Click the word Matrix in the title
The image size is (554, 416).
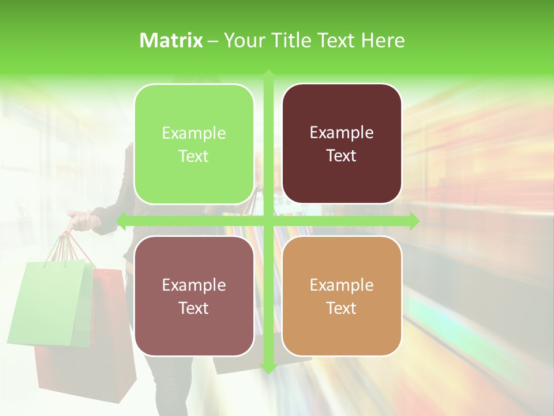[171, 40]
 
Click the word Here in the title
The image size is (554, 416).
[383, 40]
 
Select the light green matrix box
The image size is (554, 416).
[194, 144]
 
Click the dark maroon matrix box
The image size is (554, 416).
[342, 144]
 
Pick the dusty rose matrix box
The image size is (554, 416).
[194, 296]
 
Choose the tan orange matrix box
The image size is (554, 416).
[342, 296]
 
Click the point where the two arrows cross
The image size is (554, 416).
[268, 221]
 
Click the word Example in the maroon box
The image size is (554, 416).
[342, 132]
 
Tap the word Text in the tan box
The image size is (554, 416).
[342, 308]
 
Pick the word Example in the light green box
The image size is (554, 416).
[194, 133]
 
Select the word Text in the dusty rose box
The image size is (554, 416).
[194, 308]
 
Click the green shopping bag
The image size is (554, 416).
[52, 300]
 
